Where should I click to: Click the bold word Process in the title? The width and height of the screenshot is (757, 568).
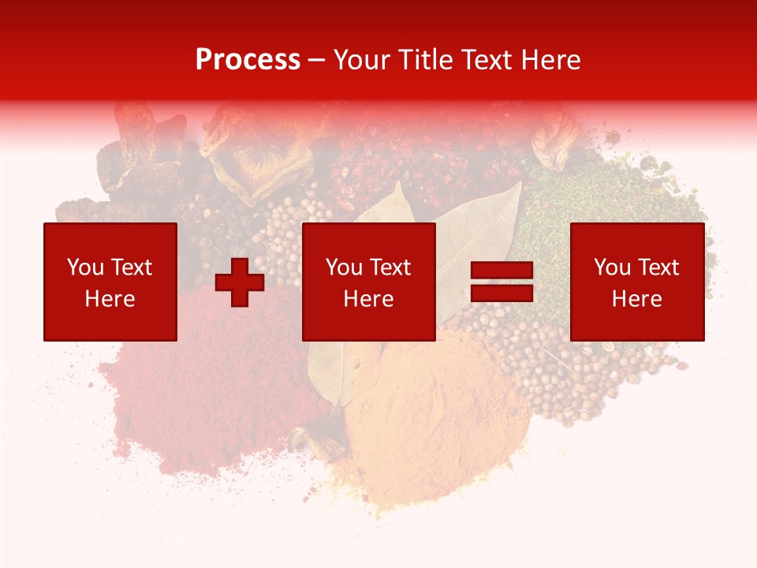(x=248, y=60)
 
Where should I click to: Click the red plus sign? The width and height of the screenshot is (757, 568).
(x=240, y=282)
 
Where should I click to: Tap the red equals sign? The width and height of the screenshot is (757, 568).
(x=502, y=282)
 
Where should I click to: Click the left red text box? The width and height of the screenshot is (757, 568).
(x=110, y=282)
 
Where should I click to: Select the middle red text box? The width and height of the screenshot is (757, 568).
(x=369, y=282)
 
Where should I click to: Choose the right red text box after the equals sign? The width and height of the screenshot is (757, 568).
(x=637, y=282)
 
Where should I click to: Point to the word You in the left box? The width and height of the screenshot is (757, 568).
(x=84, y=267)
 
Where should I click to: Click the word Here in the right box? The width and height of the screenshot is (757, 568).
(x=637, y=299)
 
